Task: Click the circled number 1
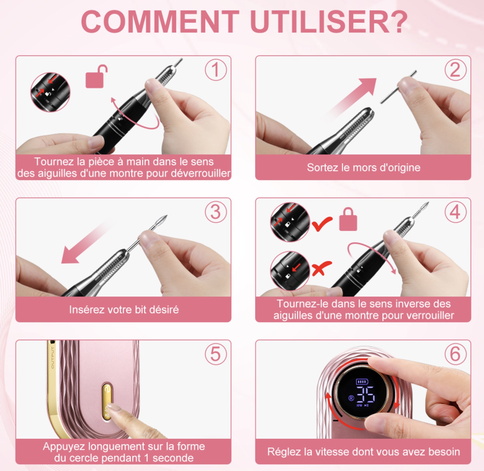tap(216, 70)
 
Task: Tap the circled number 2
tap(456, 70)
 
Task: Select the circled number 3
tap(216, 212)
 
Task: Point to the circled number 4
tap(456, 212)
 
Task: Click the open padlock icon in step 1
tap(96, 77)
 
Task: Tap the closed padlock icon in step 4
tap(348, 220)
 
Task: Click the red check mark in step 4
tap(322, 224)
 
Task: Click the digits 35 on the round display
tap(366, 394)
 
